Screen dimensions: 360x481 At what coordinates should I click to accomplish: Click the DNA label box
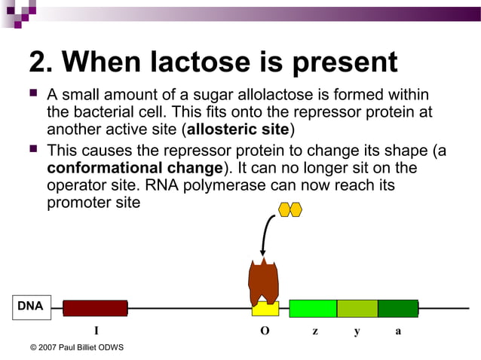[x=31, y=307]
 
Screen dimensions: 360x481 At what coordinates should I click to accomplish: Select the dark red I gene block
[x=95, y=308]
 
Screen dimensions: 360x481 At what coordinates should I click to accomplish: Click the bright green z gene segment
[x=313, y=308]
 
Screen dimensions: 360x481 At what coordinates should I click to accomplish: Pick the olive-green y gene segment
[x=357, y=308]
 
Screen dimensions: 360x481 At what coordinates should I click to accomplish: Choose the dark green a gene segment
[x=397, y=308]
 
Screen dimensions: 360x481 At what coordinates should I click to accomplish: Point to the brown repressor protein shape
[x=264, y=279]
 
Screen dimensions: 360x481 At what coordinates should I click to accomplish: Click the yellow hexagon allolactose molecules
[x=290, y=209]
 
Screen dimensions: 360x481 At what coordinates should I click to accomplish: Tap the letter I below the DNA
[x=96, y=331]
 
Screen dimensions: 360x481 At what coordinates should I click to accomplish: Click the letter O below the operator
[x=265, y=331]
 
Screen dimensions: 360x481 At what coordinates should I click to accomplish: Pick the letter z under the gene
[x=314, y=331]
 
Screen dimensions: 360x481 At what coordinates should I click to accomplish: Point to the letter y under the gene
[x=357, y=331]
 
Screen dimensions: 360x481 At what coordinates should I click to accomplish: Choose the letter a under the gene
[x=398, y=331]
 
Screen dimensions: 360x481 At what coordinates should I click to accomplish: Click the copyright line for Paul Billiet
[x=76, y=347]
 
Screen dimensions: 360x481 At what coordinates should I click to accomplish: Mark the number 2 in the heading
[x=38, y=62]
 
